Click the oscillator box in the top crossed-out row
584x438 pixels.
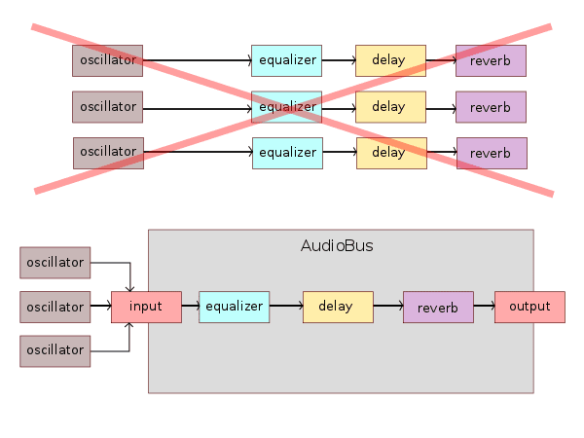(x=107, y=60)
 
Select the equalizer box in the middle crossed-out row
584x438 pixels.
(x=286, y=106)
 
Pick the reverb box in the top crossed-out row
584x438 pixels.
(x=491, y=60)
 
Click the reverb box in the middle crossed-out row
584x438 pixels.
(x=491, y=107)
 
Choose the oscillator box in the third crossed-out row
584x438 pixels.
(x=108, y=153)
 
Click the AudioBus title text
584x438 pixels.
(x=337, y=246)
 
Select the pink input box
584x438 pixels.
(x=146, y=307)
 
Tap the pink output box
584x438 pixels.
(x=529, y=307)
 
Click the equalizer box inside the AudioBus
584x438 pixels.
(x=234, y=307)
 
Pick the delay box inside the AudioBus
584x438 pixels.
(x=338, y=307)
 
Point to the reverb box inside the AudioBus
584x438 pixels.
(x=438, y=308)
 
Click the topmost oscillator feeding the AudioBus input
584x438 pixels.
(x=55, y=263)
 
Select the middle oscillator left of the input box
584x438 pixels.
(x=55, y=307)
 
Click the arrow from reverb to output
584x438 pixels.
(x=484, y=308)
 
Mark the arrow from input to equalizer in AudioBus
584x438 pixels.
(x=190, y=307)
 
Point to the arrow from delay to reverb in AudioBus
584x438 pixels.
(x=387, y=307)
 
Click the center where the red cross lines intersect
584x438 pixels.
(x=292, y=108)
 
